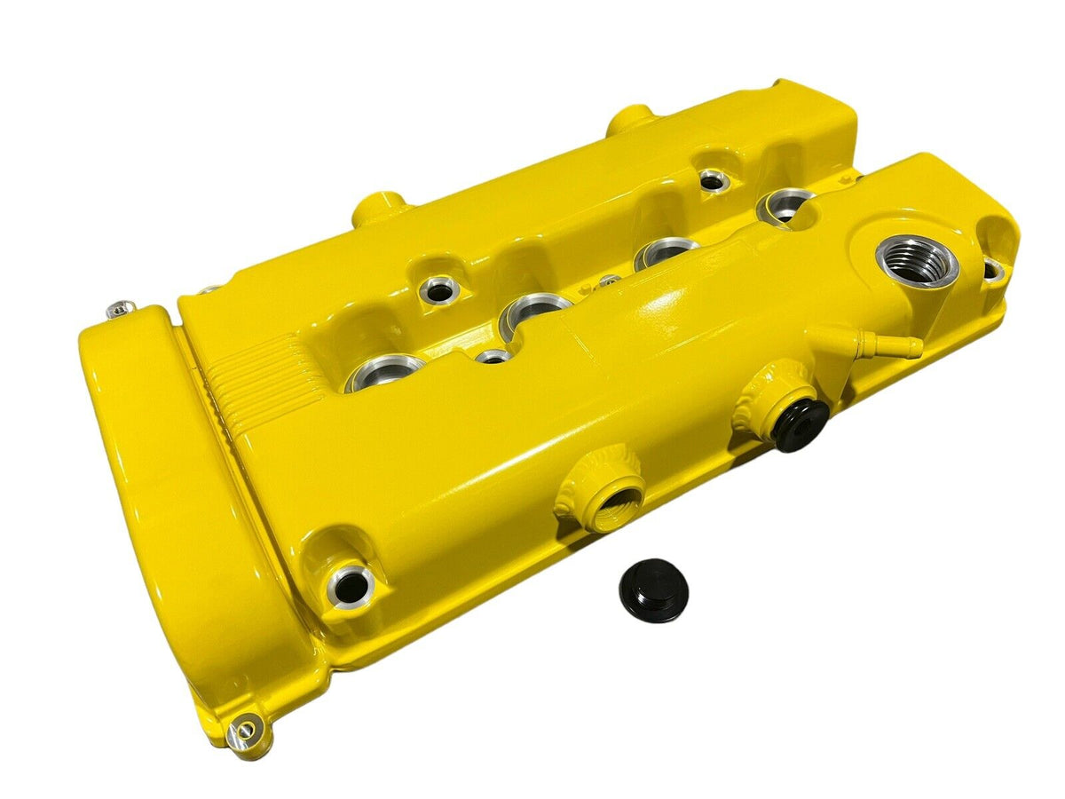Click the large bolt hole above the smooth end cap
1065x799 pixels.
351,583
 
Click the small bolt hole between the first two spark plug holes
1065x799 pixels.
493,356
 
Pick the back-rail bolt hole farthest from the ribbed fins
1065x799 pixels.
712,180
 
